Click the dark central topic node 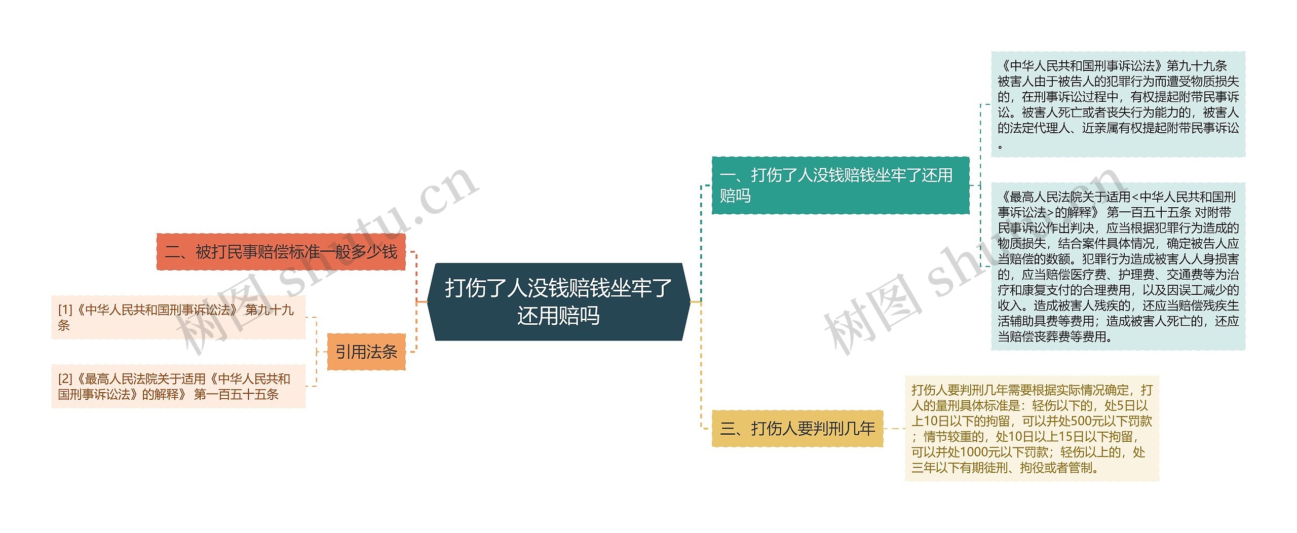558,301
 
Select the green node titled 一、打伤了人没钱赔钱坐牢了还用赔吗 840,185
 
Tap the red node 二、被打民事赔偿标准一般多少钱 281,252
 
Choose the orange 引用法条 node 366,352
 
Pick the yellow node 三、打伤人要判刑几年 797,429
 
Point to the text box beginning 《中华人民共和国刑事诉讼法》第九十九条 1118,104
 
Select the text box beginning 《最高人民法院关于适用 1118,266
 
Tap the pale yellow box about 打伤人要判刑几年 1032,429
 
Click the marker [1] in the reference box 65,310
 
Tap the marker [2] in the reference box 65,379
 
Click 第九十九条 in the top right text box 1197,66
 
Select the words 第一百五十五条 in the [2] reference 237,395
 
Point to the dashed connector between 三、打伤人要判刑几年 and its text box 894,429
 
